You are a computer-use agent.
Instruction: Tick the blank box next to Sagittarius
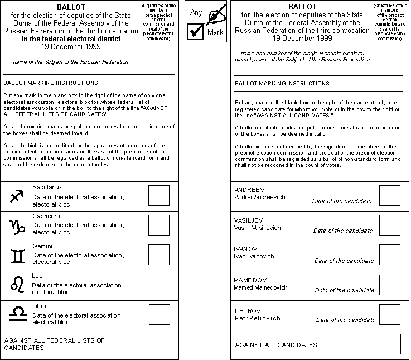(x=159, y=195)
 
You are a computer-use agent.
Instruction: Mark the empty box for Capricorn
(x=159, y=225)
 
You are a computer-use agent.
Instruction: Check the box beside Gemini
(x=159, y=255)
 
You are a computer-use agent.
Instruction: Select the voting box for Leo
(x=159, y=285)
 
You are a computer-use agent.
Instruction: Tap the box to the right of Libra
(x=159, y=314)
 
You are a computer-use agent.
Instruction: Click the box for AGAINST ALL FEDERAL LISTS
(x=159, y=344)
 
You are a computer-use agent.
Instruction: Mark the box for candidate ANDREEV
(x=389, y=195)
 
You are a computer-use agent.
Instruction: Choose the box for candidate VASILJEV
(x=389, y=225)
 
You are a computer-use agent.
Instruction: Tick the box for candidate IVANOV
(x=389, y=255)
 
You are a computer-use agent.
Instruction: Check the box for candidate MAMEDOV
(x=389, y=285)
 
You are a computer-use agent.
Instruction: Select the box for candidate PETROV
(x=389, y=314)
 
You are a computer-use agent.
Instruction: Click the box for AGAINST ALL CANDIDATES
(x=389, y=344)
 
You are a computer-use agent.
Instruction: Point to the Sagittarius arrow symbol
(x=18, y=196)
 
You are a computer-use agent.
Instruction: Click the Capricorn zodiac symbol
(x=18, y=225)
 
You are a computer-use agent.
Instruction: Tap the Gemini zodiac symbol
(x=18, y=256)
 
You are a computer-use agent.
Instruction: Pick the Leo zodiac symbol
(x=18, y=285)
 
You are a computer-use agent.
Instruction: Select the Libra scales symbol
(x=18, y=314)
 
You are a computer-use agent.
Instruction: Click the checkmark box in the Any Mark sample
(x=196, y=32)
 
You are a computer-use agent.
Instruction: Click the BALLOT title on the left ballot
(x=71, y=7)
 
